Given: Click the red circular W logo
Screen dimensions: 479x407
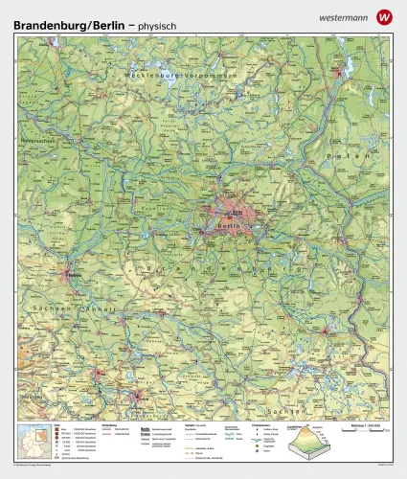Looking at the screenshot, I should coord(384,16).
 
